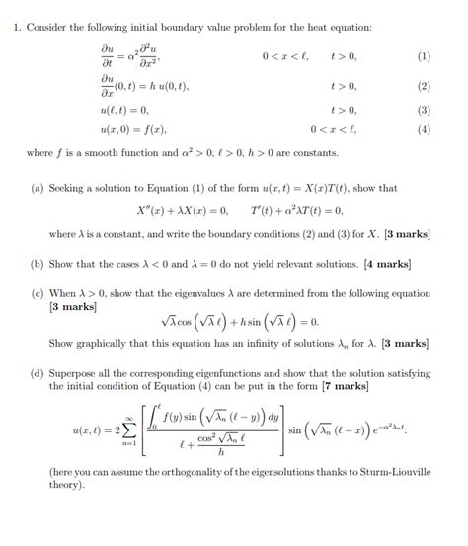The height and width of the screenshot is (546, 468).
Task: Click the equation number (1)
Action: pos(425,56)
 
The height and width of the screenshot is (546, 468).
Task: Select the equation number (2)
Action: pos(425,86)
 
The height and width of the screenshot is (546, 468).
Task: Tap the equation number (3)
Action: pos(425,110)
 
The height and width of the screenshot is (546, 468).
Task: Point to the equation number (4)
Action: pos(425,128)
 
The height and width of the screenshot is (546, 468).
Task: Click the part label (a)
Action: pos(38,188)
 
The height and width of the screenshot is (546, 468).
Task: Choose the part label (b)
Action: pos(38,264)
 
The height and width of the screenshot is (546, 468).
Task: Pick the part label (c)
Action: pos(38,293)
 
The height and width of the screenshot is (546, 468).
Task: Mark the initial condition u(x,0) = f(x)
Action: pos(133,128)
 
